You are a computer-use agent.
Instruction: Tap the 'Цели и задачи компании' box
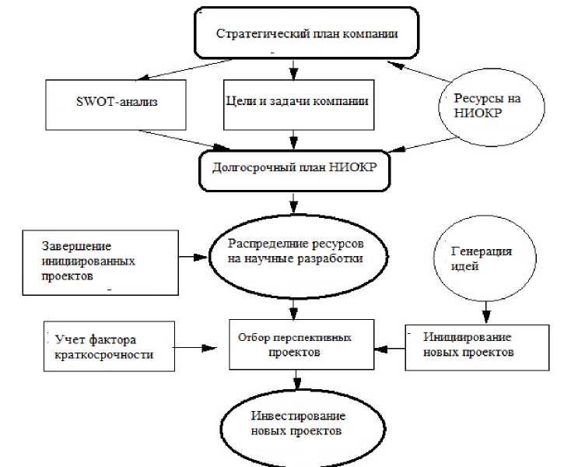click(x=295, y=102)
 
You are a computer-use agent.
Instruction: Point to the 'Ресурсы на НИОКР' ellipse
click(x=488, y=107)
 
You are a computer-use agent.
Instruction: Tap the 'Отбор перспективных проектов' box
click(x=295, y=345)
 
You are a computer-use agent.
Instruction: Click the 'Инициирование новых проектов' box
click(x=468, y=344)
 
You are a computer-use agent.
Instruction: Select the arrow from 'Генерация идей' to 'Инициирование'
click(x=485, y=312)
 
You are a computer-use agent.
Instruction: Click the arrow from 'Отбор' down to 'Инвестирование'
click(x=296, y=381)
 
